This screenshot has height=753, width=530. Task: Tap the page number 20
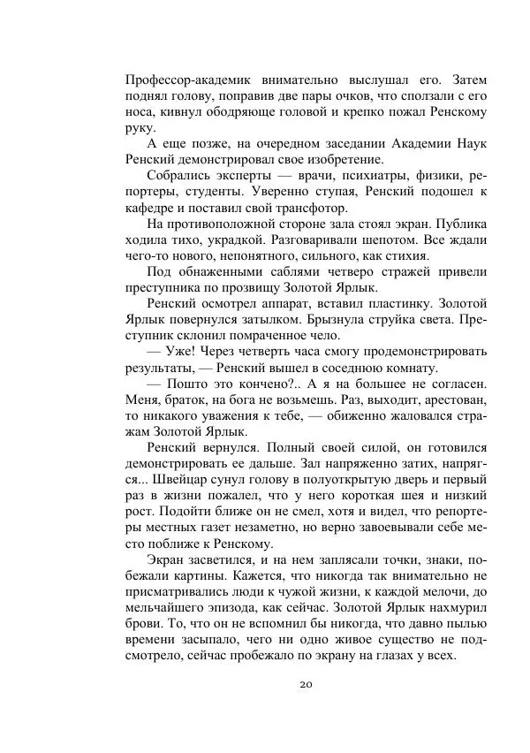307,684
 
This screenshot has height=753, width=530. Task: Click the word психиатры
337,176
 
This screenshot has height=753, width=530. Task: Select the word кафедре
154,209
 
